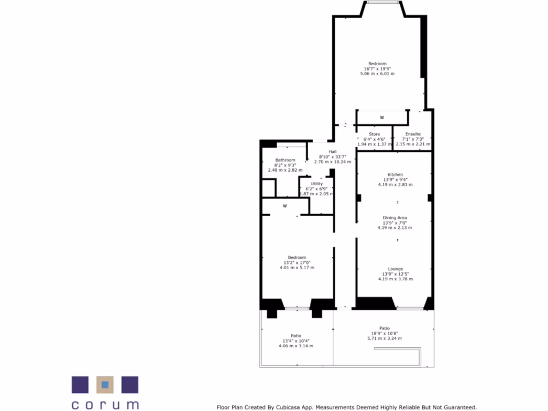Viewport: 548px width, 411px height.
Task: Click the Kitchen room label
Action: [x=395, y=174]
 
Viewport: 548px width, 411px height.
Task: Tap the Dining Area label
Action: [x=395, y=218]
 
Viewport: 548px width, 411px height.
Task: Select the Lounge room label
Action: [x=395, y=269]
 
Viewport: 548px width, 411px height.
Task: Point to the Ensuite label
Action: [x=413, y=134]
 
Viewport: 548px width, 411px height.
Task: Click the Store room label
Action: [x=375, y=134]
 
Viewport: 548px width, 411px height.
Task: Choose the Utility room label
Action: [x=316, y=184]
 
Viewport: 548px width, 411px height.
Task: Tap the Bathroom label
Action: [x=285, y=160]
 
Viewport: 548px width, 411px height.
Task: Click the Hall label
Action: [x=332, y=151]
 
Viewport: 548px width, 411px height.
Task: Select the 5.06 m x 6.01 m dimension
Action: [x=377, y=73]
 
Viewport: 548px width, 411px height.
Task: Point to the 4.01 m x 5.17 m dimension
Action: [x=297, y=268]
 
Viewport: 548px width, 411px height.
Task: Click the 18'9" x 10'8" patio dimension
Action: [x=384, y=333]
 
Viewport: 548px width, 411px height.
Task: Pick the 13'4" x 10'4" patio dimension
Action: [x=296, y=341]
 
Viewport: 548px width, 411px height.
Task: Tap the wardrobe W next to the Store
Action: [x=382, y=117]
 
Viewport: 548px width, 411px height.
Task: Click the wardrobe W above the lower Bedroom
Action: [x=285, y=205]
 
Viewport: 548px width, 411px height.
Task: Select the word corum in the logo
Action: [x=105, y=405]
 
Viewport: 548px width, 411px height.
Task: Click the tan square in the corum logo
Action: [x=105, y=384]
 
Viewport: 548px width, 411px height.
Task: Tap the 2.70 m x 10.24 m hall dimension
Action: [x=332, y=162]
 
